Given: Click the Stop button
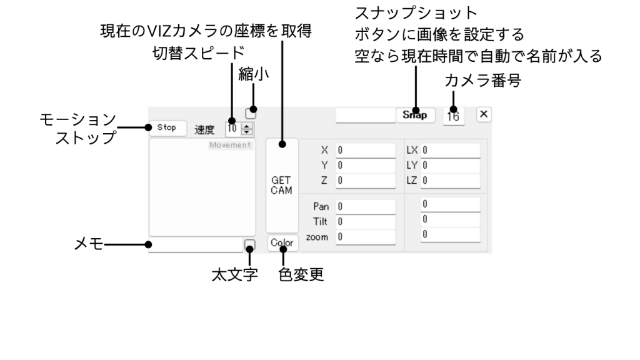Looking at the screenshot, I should [x=167, y=127].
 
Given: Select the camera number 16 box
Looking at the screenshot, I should [x=453, y=116].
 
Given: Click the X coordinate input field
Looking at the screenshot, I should [x=366, y=150].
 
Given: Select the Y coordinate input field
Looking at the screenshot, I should [x=366, y=166].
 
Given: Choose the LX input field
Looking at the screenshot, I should [x=450, y=150].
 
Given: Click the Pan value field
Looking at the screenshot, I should [x=366, y=206].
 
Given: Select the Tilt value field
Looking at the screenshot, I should [x=366, y=221].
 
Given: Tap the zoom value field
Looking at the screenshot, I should [x=366, y=237].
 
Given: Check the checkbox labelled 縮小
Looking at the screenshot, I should [x=251, y=114].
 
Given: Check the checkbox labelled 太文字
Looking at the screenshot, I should [x=249, y=244].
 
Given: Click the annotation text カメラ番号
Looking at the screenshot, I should [x=482, y=81].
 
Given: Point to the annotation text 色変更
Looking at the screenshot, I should [x=301, y=274].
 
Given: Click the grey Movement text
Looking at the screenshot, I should [x=230, y=145].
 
